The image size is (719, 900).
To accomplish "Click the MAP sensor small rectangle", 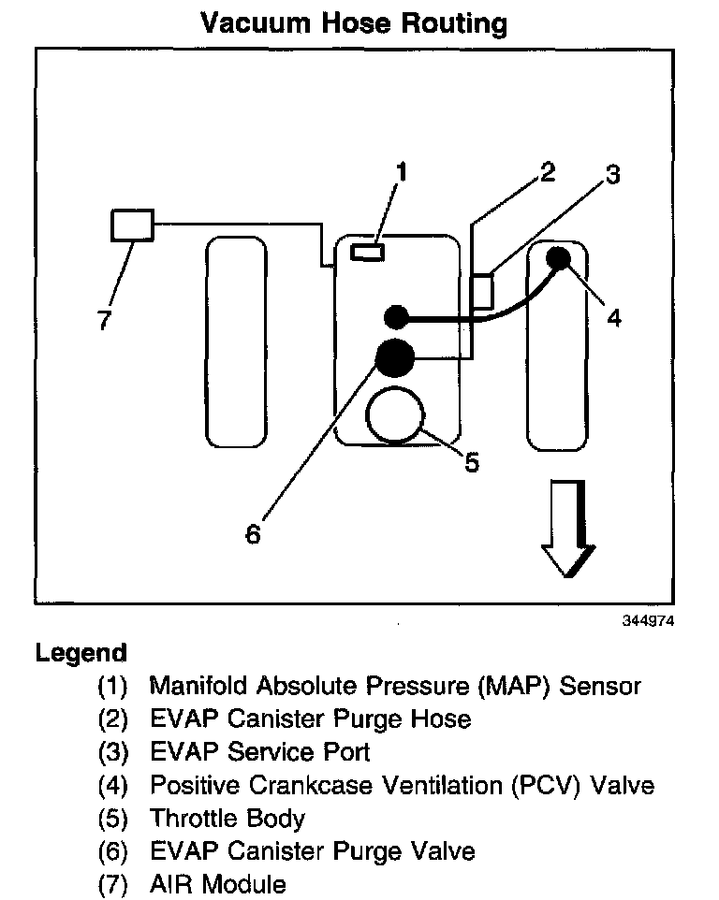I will (366, 251).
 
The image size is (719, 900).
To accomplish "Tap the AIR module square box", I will (132, 225).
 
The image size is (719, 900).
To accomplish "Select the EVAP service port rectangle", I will (481, 290).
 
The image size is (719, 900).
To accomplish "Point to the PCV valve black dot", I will (559, 258).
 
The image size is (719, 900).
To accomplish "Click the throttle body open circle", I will (396, 417).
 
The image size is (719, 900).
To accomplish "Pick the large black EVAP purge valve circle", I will (394, 356).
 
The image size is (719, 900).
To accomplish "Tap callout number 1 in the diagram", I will (402, 171).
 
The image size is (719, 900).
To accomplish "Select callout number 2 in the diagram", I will (547, 171).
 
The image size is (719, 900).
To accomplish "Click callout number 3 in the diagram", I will (611, 175).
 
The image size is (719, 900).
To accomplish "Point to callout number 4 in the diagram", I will (613, 318).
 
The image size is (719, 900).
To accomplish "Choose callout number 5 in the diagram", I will (472, 461).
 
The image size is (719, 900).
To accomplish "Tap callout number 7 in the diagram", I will (104, 321).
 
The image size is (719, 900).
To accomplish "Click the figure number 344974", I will (647, 620).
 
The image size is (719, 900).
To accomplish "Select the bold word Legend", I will (81, 652).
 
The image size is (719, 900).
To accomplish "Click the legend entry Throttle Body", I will (227, 819).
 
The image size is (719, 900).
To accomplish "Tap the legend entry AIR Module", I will (218, 883).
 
